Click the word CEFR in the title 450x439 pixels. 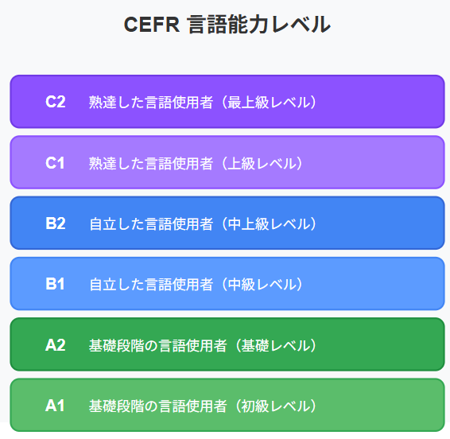click(x=152, y=25)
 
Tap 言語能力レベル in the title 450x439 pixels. click(x=259, y=25)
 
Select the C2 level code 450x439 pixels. click(x=56, y=102)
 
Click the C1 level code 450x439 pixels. click(x=55, y=163)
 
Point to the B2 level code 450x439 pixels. click(x=56, y=223)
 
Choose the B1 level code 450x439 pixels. click(x=55, y=284)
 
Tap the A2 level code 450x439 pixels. click(x=56, y=345)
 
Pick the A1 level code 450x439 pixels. click(x=55, y=406)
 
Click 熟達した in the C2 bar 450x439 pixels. click(x=117, y=103)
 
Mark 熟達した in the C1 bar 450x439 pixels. click(x=117, y=163)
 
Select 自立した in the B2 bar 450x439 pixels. click(x=117, y=224)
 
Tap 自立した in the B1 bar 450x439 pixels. click(x=117, y=285)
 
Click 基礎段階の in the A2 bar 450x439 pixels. click(x=123, y=345)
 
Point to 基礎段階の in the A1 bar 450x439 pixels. click(x=123, y=406)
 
